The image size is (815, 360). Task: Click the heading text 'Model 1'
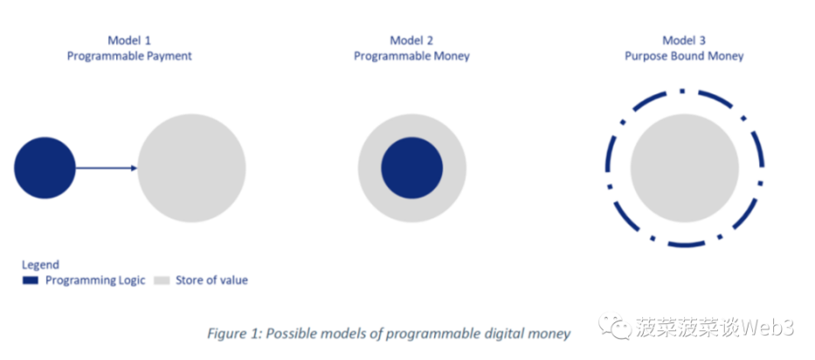129,40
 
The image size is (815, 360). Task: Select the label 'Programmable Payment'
129,56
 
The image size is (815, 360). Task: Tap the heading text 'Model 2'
411,40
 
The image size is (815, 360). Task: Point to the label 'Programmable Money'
411,56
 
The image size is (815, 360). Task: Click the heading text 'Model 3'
684,40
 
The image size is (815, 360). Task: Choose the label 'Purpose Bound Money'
684,56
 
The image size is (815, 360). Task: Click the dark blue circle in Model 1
45,168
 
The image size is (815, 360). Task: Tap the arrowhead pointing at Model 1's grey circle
135,168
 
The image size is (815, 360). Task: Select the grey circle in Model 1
192,168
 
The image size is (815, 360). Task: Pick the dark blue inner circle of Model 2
411,168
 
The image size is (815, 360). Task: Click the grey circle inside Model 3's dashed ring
685,168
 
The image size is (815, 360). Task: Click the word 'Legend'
40,264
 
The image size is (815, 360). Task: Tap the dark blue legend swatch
31,280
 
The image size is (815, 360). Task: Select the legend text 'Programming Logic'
95,280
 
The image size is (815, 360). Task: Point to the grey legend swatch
162,280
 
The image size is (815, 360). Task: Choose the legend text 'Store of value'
211,280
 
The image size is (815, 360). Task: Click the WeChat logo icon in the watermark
612,325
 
